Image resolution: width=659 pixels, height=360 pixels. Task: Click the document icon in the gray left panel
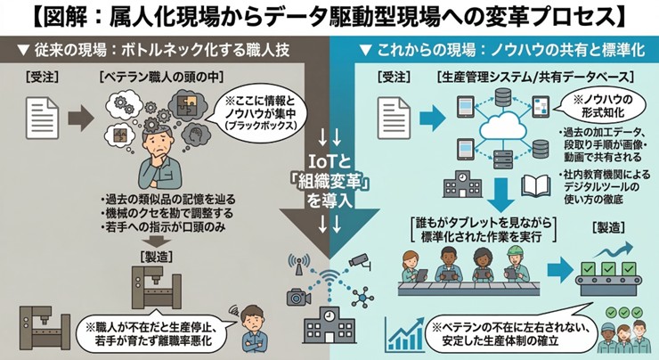(x=37, y=115)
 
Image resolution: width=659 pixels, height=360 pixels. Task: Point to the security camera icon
(x=358, y=260)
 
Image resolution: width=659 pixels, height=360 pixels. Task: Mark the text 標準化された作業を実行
(x=484, y=235)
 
